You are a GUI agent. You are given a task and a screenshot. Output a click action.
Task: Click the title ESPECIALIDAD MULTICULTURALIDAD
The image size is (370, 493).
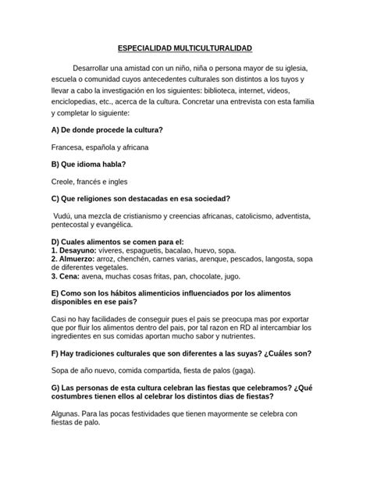185,48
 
